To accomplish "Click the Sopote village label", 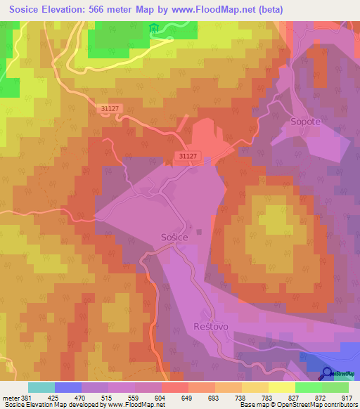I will (x=306, y=122).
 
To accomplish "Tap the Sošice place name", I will (x=174, y=238).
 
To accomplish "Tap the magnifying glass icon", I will (x=328, y=374).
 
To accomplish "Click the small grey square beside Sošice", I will (x=199, y=231).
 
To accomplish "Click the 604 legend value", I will (x=161, y=398).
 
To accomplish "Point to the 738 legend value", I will (x=242, y=398).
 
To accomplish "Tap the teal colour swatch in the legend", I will (x=41, y=387).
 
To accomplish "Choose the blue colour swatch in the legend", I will (x=68, y=387).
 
